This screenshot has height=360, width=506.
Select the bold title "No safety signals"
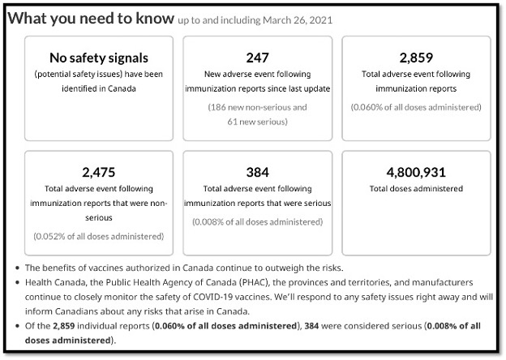point(98,58)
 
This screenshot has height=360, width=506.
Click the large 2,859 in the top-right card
point(416,58)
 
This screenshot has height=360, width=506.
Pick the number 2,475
point(98,172)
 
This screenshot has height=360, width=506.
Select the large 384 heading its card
point(257,172)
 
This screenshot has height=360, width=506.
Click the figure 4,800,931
point(416,172)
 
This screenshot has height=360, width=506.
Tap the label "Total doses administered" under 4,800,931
point(416,188)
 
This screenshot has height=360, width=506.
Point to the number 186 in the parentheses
point(219,106)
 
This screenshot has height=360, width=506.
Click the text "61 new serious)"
point(257,122)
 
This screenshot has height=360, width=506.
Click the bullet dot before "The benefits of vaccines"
point(18,268)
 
